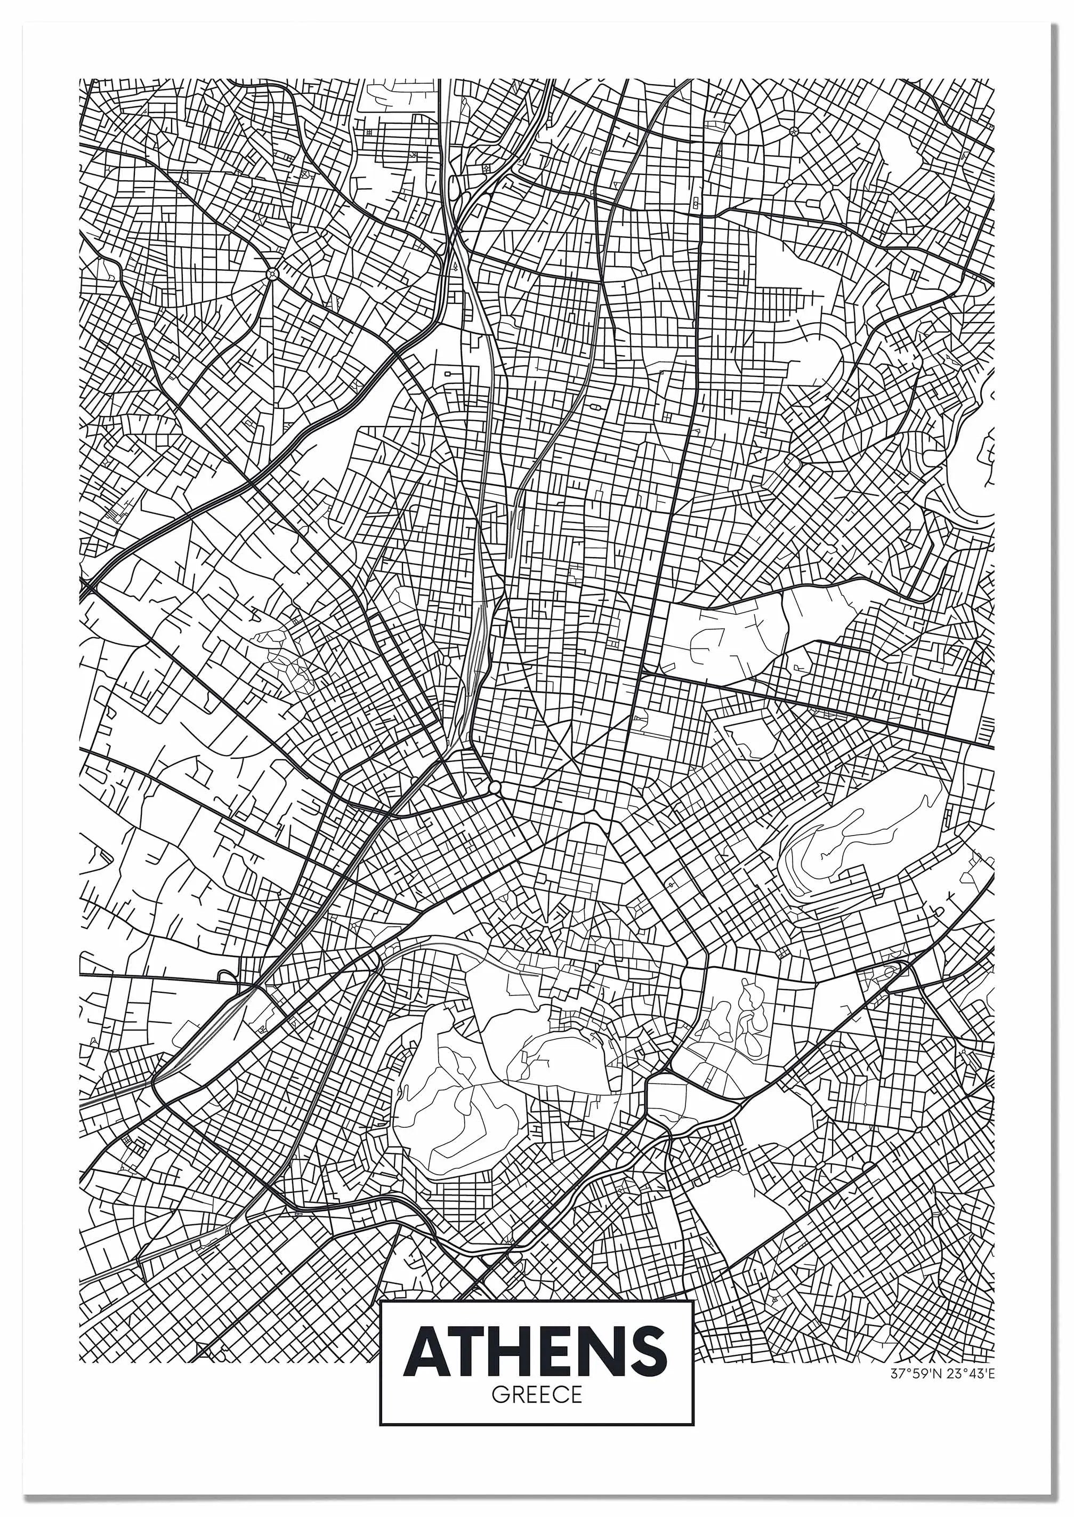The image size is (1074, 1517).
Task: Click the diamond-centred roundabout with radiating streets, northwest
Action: (x=272, y=272)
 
